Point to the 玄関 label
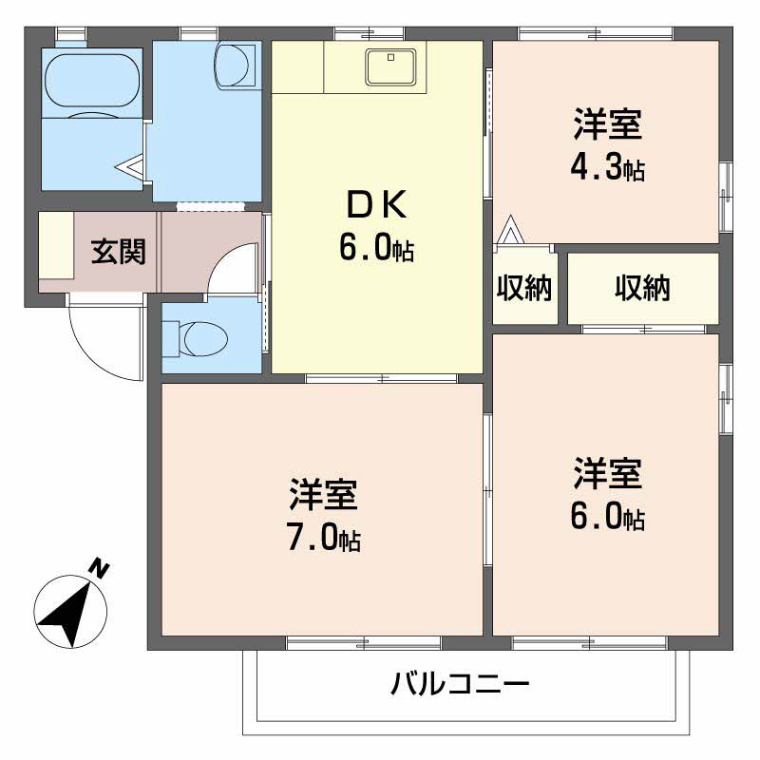(x=118, y=252)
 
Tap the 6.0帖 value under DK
(x=376, y=248)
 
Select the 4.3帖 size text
(x=608, y=167)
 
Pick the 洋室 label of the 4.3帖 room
(x=608, y=124)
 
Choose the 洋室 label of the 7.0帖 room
(x=324, y=495)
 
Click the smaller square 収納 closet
(x=524, y=288)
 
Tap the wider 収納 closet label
(x=642, y=288)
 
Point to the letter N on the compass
(x=99, y=569)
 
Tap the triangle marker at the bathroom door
(x=130, y=168)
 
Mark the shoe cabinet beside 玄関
(x=56, y=252)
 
